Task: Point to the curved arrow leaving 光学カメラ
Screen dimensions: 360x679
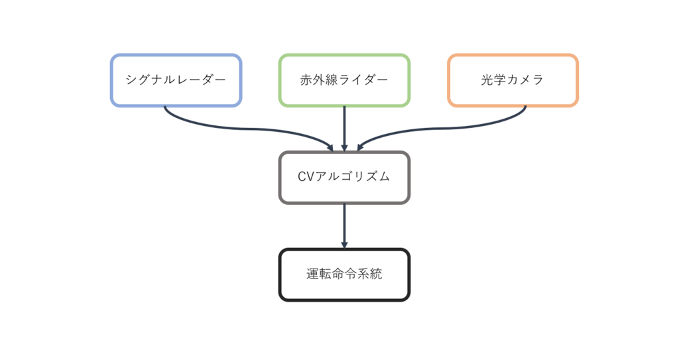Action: point(451,128)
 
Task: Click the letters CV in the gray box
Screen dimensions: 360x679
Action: point(306,177)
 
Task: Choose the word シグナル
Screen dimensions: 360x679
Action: point(151,80)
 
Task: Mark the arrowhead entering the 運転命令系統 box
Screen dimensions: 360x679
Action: point(344,245)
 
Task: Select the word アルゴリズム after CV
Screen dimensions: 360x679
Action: point(353,177)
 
